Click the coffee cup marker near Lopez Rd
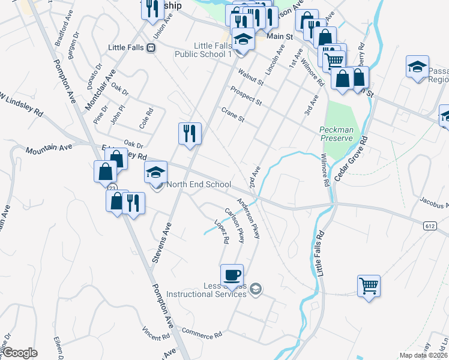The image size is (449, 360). click(232, 275)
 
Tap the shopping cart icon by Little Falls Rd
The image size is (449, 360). click(369, 286)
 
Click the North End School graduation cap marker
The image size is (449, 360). click(156, 173)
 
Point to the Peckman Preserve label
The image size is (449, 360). click(336, 134)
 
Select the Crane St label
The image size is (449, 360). click(233, 115)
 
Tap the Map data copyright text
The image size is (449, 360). click(423, 355)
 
